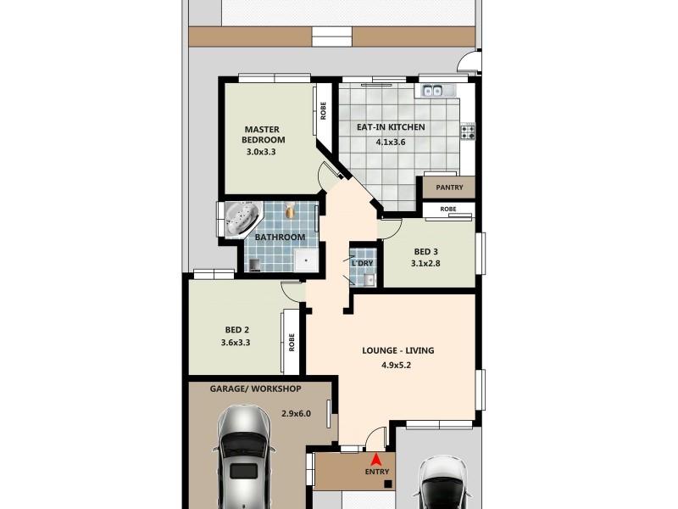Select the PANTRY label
[x=448, y=187]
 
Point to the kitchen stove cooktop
[x=468, y=131]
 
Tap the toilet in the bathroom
[x=290, y=211]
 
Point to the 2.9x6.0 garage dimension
[x=297, y=414]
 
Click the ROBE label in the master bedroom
[x=323, y=111]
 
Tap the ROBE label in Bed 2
[x=292, y=342]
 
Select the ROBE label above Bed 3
[x=448, y=209]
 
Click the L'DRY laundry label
[x=363, y=263]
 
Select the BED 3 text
[x=426, y=252]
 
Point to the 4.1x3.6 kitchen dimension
[x=391, y=143]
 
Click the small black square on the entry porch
[x=387, y=484]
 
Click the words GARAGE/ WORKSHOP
[x=255, y=389]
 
